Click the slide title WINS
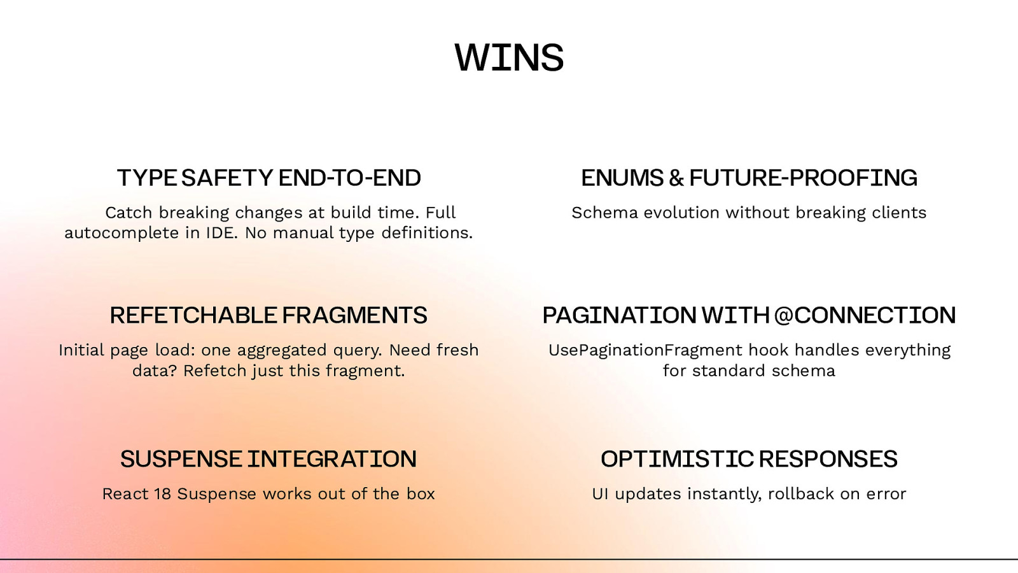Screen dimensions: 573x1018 click(x=509, y=58)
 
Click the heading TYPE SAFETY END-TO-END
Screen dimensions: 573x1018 click(x=268, y=178)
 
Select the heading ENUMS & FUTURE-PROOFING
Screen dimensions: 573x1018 click(x=749, y=178)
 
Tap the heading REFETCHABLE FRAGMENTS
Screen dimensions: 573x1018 click(x=268, y=315)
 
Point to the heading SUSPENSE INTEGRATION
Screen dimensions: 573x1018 click(x=268, y=459)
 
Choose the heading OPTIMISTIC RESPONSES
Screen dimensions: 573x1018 click(x=749, y=459)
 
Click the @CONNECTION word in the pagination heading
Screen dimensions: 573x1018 click(x=865, y=315)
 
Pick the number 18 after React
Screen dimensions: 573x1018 click(x=163, y=494)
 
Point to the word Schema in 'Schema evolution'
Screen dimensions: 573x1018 click(x=604, y=213)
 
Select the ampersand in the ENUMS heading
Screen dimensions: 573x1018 click(x=676, y=178)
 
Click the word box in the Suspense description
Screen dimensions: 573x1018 click(x=421, y=494)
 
